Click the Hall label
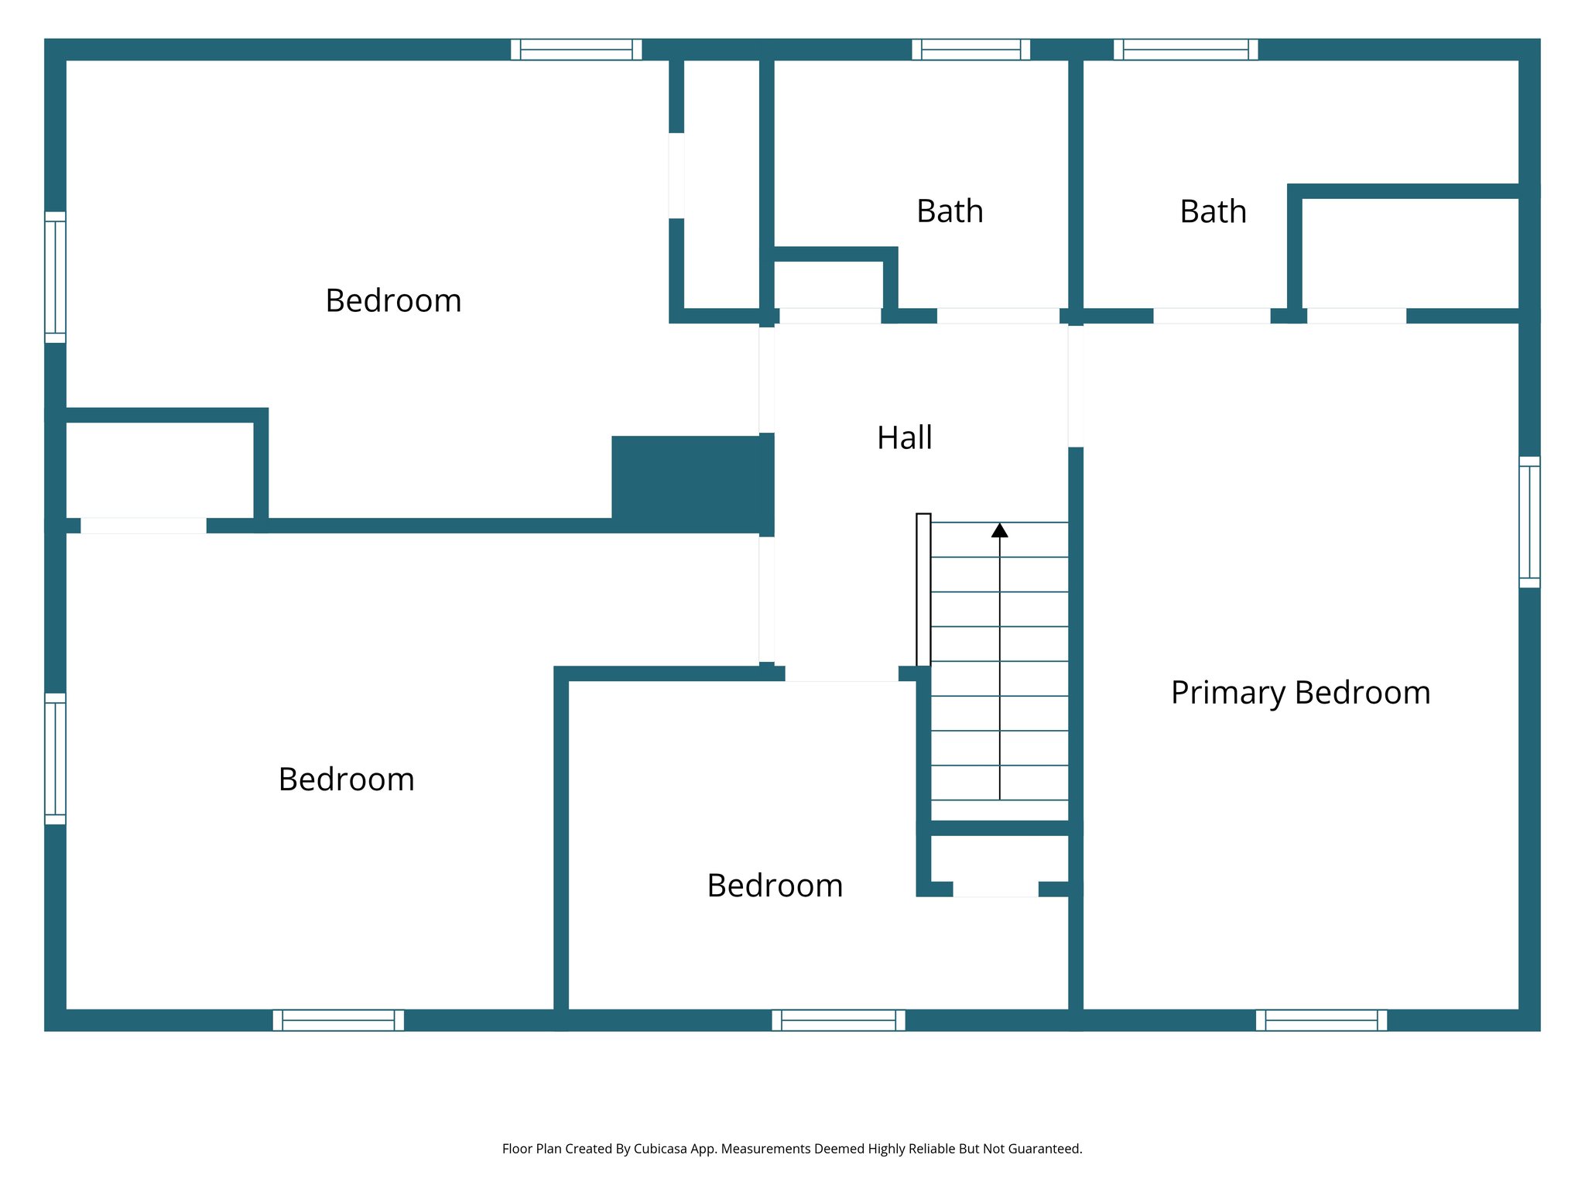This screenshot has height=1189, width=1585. [x=904, y=438]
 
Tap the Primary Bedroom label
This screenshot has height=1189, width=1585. [x=1300, y=693]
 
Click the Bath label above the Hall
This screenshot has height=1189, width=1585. [x=950, y=211]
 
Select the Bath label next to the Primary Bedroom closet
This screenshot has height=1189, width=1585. [x=1213, y=212]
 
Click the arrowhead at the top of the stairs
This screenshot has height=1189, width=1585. [x=999, y=530]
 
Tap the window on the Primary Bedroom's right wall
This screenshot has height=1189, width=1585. [x=1529, y=522]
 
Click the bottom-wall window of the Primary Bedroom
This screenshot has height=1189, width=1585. [x=1321, y=1020]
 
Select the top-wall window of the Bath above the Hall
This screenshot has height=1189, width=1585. [x=971, y=50]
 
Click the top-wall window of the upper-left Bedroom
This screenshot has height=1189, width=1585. [x=576, y=50]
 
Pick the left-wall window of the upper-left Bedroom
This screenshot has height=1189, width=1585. [x=55, y=277]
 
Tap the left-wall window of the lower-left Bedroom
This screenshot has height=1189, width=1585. [x=55, y=759]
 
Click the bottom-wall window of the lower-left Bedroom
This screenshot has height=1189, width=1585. [x=338, y=1020]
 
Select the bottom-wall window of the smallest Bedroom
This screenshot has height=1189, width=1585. [x=838, y=1020]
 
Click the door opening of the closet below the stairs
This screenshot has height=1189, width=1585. [x=995, y=889]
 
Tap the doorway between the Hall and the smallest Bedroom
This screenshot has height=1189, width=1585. [x=841, y=673]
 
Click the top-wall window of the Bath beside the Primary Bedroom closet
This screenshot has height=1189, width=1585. [x=1186, y=50]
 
